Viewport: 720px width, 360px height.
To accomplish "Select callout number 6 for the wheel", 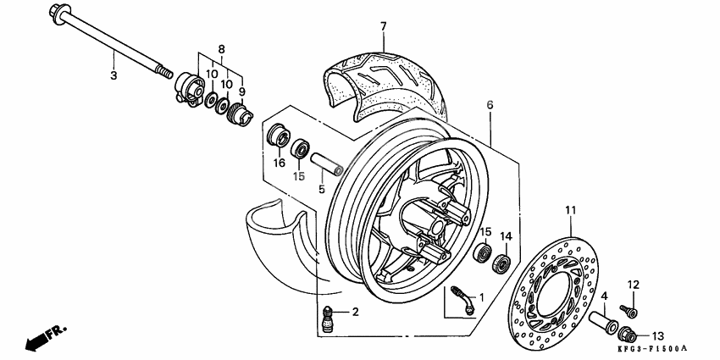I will (x=489, y=104).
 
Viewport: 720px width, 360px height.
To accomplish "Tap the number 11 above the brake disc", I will (x=571, y=209).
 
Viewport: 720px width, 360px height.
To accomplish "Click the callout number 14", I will (x=507, y=236).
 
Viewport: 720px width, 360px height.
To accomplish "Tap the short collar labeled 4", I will (x=606, y=324).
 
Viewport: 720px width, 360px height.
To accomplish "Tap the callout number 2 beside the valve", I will (x=355, y=313).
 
